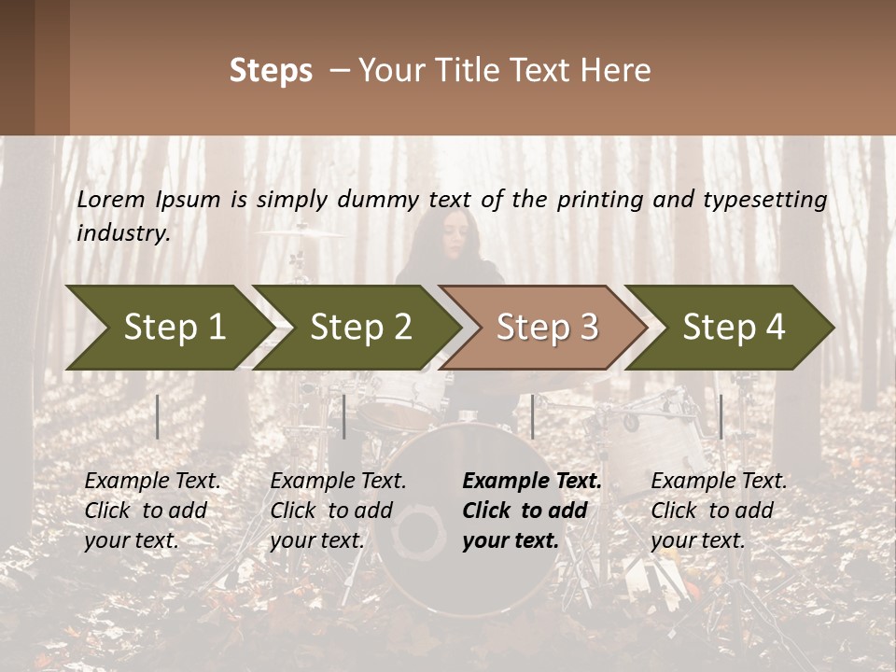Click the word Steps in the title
tap(271, 71)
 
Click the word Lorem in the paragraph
tap(111, 199)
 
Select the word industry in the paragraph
tap(123, 232)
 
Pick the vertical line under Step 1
tap(158, 416)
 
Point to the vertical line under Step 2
tap(344, 416)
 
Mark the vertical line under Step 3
tap(533, 416)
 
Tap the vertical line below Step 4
tap(721, 416)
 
